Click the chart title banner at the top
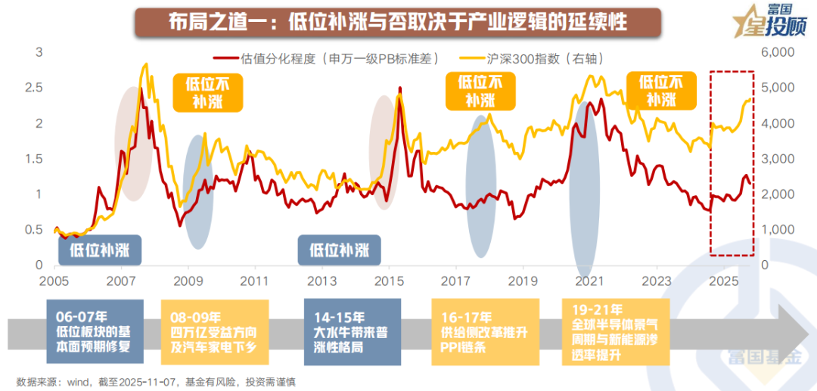(x=398, y=22)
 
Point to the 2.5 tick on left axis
(x=35, y=88)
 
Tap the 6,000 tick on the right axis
(x=776, y=52)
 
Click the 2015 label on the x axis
(x=389, y=281)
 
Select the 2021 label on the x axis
(x=589, y=281)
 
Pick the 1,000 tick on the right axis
(x=776, y=230)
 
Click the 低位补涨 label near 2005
(x=100, y=249)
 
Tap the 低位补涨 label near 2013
(x=339, y=249)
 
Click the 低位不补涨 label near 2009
(x=208, y=92)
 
